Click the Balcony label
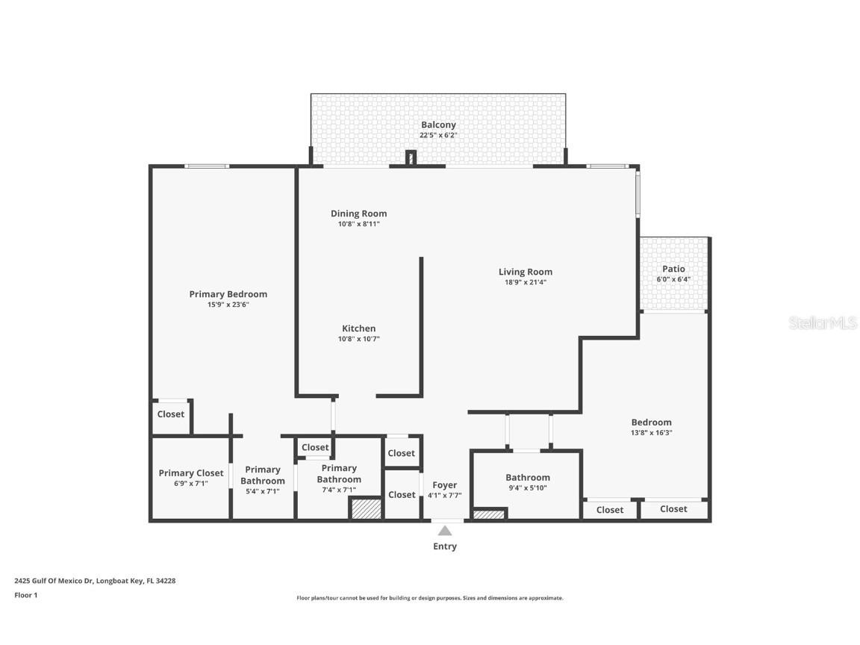438,125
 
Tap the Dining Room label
359,214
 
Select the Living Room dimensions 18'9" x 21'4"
526,282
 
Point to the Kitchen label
359,328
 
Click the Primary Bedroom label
228,294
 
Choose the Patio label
673,269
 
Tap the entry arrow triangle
445,531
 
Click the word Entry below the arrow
445,546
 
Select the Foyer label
445,485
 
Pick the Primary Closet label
191,473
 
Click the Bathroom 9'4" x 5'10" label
528,478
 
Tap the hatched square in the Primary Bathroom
367,508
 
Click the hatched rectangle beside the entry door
489,514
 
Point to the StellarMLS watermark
823,323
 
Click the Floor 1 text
25,595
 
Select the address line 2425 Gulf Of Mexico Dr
95,580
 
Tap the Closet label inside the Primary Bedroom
171,414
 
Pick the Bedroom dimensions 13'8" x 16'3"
652,432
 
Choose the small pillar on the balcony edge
410,158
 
